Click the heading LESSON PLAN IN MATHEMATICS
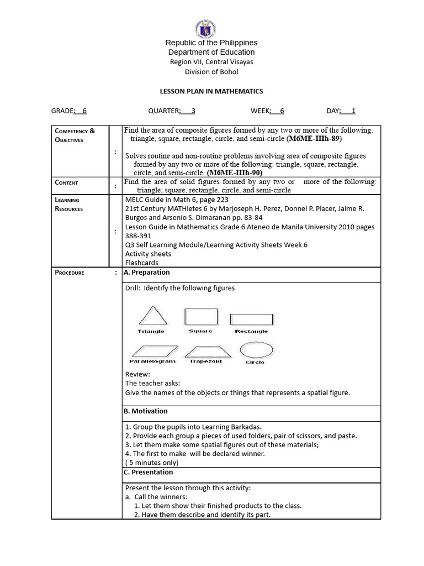211,91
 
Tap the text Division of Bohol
211,71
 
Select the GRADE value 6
84,111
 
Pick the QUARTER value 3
193,111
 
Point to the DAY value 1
353,111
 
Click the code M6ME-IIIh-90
239,172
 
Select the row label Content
66,182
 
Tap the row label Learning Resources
68,205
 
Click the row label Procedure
70,272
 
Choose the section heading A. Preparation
147,272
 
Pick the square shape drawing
200,317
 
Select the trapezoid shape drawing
205,351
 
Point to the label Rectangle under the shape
251,332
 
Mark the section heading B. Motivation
146,411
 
